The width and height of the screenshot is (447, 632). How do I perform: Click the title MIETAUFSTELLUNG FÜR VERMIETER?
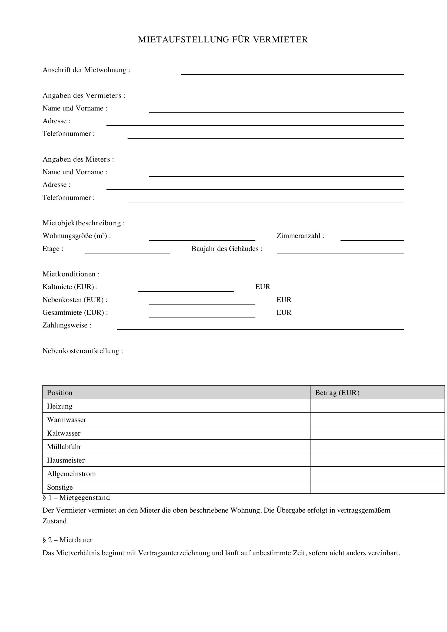pyautogui.click(x=223, y=40)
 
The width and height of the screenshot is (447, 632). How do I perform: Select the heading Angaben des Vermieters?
pyautogui.click(x=84, y=95)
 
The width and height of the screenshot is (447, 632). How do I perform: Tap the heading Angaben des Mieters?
pyautogui.click(x=78, y=159)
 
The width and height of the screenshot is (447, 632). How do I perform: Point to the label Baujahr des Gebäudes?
pyautogui.click(x=227, y=249)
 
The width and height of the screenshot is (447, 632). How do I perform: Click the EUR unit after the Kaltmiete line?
pyautogui.click(x=263, y=287)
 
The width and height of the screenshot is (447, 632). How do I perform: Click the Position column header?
pyautogui.click(x=60, y=393)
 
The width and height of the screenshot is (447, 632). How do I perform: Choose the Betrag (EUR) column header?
pyautogui.click(x=337, y=393)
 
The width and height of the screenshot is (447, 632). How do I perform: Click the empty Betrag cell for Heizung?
pyautogui.click(x=377, y=406)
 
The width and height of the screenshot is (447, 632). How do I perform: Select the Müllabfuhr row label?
pyautogui.click(x=64, y=446)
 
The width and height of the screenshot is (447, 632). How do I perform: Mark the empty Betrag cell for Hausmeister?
pyautogui.click(x=377, y=460)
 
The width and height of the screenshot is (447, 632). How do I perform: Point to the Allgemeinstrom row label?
pyautogui.click(x=71, y=473)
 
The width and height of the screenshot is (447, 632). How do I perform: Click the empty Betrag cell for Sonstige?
pyautogui.click(x=377, y=487)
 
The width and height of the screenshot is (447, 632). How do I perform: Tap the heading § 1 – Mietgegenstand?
pyautogui.click(x=76, y=498)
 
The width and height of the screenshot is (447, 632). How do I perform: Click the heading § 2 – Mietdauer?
pyautogui.click(x=68, y=540)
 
